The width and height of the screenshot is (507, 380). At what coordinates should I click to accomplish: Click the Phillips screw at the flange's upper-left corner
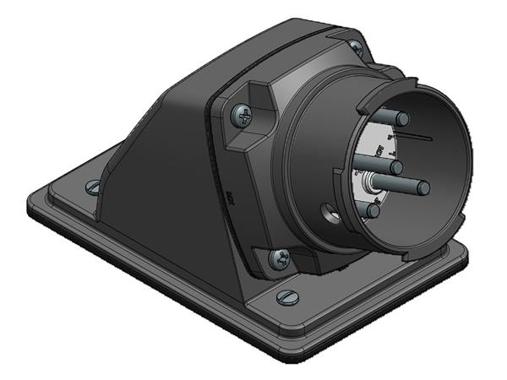(x=244, y=115)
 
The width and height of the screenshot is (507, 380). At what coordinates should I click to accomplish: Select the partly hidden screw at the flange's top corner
(x=356, y=48)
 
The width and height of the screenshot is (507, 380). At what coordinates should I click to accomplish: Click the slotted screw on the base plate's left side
(x=92, y=187)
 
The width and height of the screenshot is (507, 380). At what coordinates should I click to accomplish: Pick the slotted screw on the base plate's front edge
(x=286, y=296)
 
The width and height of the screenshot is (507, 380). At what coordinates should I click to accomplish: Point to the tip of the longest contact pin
(x=422, y=187)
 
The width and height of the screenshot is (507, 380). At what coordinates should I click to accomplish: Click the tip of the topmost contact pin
(x=402, y=118)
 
